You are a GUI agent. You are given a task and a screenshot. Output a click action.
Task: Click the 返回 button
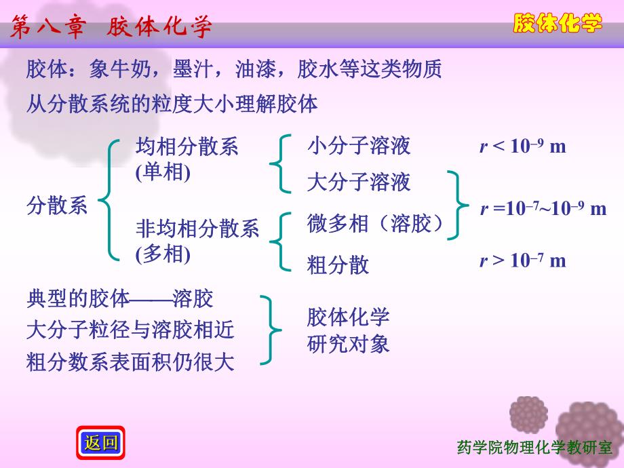(x=102, y=444)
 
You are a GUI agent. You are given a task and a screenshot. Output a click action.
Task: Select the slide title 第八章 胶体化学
(x=112, y=28)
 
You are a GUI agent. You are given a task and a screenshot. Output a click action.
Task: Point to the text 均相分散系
(x=187, y=147)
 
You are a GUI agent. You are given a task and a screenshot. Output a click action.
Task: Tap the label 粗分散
(x=338, y=265)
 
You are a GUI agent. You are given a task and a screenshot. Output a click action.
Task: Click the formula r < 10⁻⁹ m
(x=522, y=146)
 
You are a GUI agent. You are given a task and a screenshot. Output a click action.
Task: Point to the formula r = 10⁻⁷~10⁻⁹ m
(x=543, y=208)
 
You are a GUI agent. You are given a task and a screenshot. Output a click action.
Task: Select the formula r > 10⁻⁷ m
(x=522, y=260)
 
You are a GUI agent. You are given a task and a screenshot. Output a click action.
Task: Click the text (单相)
(x=163, y=172)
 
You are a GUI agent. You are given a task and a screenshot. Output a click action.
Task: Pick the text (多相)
(x=163, y=254)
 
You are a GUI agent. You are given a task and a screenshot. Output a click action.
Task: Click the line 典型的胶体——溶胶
(x=119, y=298)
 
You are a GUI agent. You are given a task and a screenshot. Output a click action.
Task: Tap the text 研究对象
(x=348, y=344)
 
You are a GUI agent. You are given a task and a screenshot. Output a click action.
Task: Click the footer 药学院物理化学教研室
(x=535, y=448)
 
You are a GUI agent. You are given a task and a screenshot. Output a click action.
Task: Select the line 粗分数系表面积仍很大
(x=130, y=362)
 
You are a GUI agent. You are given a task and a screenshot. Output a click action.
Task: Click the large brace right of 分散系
(x=107, y=199)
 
